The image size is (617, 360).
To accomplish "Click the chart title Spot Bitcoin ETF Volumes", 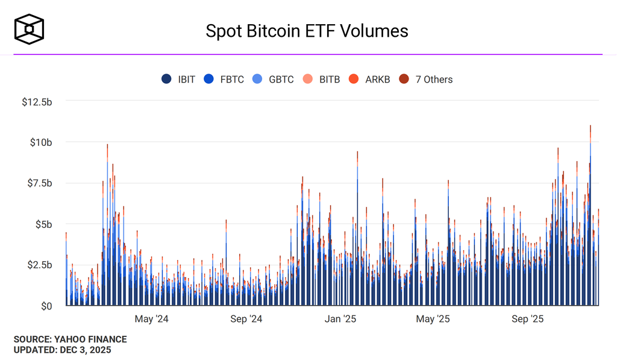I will [x=307, y=31].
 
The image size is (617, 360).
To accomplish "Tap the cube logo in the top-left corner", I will [x=30, y=30].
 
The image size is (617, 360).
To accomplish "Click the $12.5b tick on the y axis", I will [x=37, y=102].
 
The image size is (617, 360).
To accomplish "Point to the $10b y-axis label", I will [x=41, y=142].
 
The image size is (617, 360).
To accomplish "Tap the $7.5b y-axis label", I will [x=39, y=183].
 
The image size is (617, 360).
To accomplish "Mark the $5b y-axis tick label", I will [x=43, y=224].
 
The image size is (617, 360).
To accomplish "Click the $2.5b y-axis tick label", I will [x=39, y=265].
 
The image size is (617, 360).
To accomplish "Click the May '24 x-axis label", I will [x=152, y=319].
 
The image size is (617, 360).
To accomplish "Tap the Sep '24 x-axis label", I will [x=246, y=319].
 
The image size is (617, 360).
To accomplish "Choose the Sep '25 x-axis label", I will [x=528, y=319].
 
